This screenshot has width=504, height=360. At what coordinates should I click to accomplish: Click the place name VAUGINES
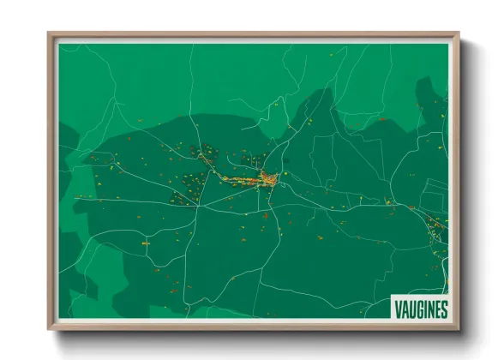[x=421, y=309]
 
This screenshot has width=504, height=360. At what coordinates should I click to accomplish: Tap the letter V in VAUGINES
[x=398, y=309]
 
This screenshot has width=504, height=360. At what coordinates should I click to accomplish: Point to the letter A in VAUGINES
[x=405, y=309]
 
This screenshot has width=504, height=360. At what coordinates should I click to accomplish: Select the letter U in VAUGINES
[x=411, y=309]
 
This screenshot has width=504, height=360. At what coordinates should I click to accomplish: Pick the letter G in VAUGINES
[x=418, y=309]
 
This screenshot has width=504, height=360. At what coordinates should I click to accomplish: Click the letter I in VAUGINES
[x=423, y=309]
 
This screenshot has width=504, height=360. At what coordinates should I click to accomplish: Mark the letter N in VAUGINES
[x=429, y=309]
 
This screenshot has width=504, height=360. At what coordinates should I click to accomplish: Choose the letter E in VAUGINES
[x=436, y=309]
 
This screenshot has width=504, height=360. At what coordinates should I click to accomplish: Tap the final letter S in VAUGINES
[x=443, y=309]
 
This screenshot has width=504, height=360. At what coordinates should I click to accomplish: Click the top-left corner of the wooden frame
[x=48, y=33]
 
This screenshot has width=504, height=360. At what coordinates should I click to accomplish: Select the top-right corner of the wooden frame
[x=459, y=33]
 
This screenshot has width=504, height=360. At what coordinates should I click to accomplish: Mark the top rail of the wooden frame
[x=254, y=35]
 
